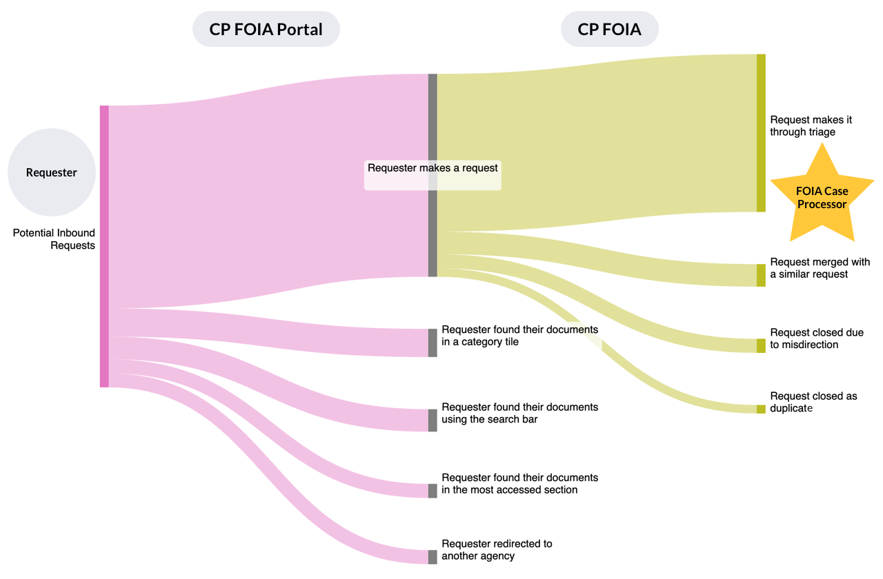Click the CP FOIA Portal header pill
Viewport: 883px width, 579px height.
[x=266, y=29]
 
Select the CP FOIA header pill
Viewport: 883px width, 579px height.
[x=609, y=29]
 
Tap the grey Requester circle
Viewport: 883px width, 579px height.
[x=52, y=172]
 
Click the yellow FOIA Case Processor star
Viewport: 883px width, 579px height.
[x=822, y=196]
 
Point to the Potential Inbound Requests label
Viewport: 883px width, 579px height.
[x=54, y=239]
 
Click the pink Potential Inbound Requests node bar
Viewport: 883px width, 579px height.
[x=104, y=246]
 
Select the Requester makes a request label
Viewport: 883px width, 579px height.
[x=433, y=167]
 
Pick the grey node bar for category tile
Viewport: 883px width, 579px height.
[x=433, y=343]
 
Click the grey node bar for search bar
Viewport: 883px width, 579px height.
[x=433, y=420]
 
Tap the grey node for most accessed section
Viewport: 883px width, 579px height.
[x=433, y=491]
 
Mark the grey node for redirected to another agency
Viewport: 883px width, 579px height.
[x=433, y=557]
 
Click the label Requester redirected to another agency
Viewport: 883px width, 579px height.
[x=497, y=550]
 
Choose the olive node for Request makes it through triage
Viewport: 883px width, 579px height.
[x=761, y=132]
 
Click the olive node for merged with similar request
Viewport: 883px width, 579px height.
[x=761, y=275]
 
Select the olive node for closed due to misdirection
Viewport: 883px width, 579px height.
[x=761, y=345]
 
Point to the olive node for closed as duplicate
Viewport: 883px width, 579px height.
[x=761, y=409]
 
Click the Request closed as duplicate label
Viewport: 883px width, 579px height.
[x=813, y=403]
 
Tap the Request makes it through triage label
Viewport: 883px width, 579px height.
[x=811, y=126]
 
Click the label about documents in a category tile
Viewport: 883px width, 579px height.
[x=519, y=336]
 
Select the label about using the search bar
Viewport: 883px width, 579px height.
[x=519, y=413]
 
